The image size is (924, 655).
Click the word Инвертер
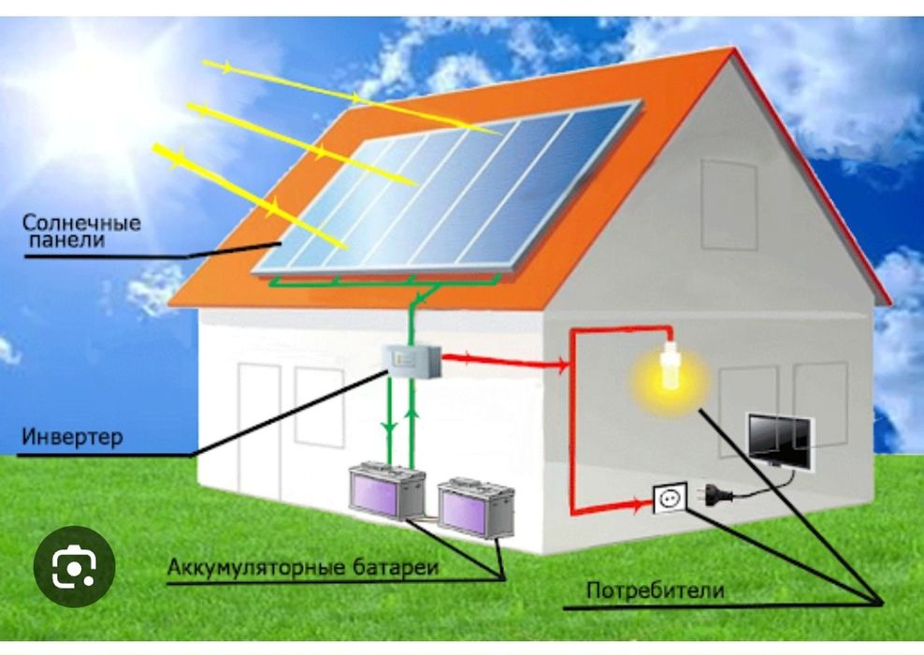click(72, 437)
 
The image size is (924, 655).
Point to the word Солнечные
click(82, 223)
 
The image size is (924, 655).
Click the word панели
click(65, 240)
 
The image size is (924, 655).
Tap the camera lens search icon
click(74, 566)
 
